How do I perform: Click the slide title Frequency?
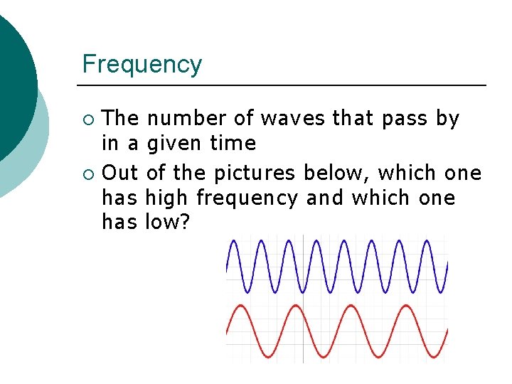point(142,65)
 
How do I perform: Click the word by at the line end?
point(447,119)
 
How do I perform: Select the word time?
point(233,144)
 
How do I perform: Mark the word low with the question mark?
point(167,223)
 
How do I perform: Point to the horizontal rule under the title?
point(284,85)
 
